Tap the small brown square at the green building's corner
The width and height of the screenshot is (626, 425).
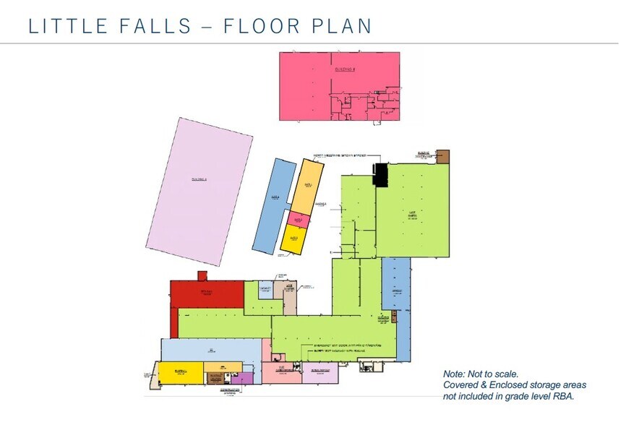click(x=442, y=157)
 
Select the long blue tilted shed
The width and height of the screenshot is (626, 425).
click(x=273, y=206)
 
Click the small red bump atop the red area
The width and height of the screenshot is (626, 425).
click(x=202, y=276)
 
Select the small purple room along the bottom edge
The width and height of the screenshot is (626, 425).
click(x=246, y=377)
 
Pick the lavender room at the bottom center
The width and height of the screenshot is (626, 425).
click(x=320, y=373)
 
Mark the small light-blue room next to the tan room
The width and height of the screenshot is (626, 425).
click(x=265, y=291)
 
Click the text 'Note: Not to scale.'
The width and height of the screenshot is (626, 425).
click(x=481, y=374)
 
